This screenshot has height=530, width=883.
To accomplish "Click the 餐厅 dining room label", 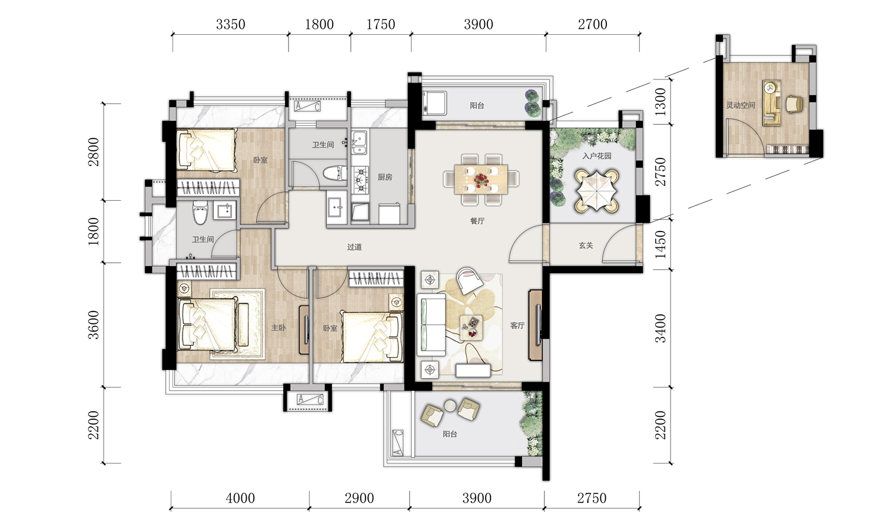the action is tap(477, 221).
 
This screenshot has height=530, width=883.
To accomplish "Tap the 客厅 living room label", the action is tap(517, 326).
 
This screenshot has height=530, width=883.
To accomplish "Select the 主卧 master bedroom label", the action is tap(278, 327).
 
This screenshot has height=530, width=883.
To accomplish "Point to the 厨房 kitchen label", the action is tap(385, 177).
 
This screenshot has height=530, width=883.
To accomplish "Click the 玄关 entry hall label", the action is tap(586, 246).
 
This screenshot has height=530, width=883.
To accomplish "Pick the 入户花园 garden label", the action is tap(597, 156).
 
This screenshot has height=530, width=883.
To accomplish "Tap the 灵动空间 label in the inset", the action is tap(741, 105).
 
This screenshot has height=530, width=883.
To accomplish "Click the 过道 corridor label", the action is tap(354, 247).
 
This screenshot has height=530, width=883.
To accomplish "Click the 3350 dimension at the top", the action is tap(231, 25).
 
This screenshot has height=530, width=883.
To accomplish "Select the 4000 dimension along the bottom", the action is tap(240, 498).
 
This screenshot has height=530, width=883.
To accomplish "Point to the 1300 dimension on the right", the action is tap(660, 101).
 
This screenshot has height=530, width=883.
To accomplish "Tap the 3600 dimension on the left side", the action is tap(94, 325).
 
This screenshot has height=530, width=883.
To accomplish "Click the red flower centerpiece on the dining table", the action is tap(481, 180).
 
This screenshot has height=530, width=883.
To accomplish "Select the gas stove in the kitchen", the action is tap(360, 180).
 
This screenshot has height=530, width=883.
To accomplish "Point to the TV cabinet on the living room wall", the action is tap(535, 325).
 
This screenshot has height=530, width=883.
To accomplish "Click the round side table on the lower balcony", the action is tap(450, 405).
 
